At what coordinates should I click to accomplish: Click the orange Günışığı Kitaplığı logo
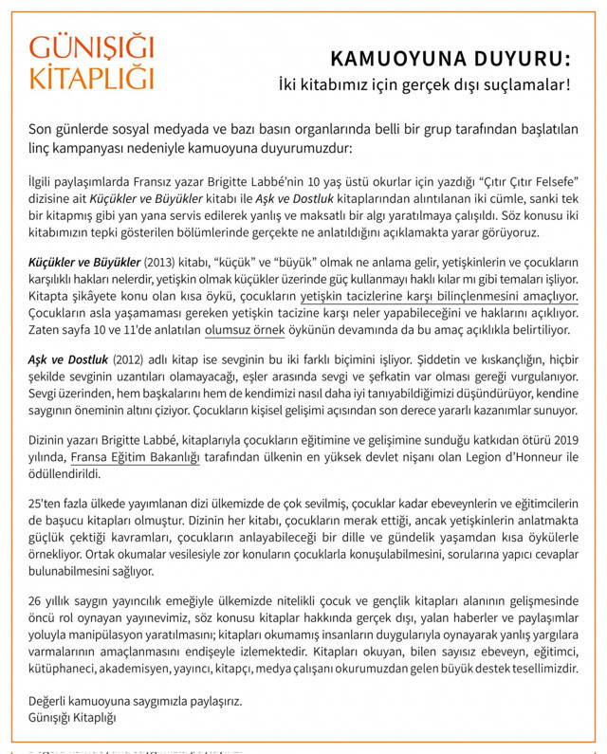point(91,63)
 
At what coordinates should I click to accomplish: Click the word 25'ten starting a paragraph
point(44,505)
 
